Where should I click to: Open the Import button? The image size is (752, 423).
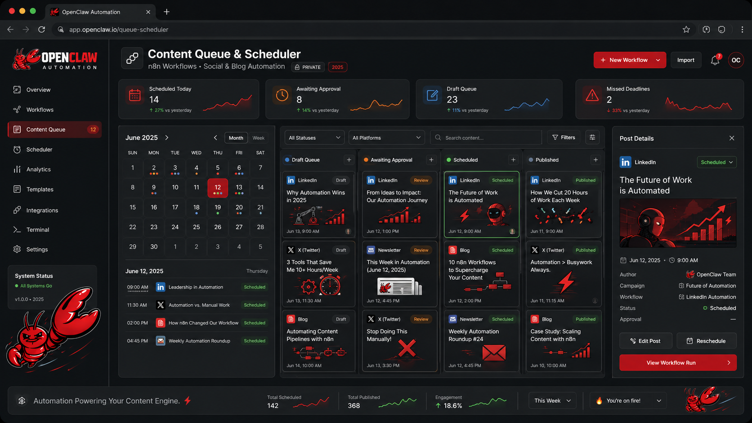pyautogui.click(x=685, y=60)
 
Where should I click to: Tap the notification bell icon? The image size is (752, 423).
pyautogui.click(x=715, y=60)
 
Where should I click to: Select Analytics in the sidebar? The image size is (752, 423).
pyautogui.click(x=38, y=169)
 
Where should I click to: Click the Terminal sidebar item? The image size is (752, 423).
pyautogui.click(x=37, y=230)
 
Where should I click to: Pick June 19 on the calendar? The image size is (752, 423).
pyautogui.click(x=218, y=208)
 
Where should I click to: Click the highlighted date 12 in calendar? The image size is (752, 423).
pyautogui.click(x=218, y=187)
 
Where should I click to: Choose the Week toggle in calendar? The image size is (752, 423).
pyautogui.click(x=258, y=138)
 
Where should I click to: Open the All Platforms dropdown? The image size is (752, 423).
pyautogui.click(x=386, y=138)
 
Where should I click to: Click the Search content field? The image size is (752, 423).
pyautogui.click(x=488, y=138)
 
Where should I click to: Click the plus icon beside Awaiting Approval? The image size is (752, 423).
pyautogui.click(x=431, y=160)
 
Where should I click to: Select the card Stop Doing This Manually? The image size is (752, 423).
pyautogui.click(x=399, y=341)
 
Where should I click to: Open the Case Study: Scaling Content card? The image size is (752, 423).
pyautogui.click(x=563, y=341)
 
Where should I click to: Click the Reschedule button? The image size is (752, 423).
pyautogui.click(x=706, y=341)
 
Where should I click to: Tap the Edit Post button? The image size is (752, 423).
pyautogui.click(x=645, y=341)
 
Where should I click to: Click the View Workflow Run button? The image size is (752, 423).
pyautogui.click(x=677, y=363)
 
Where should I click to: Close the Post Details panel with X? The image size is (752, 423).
pyautogui.click(x=732, y=138)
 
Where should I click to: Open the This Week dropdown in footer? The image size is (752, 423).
pyautogui.click(x=552, y=401)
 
